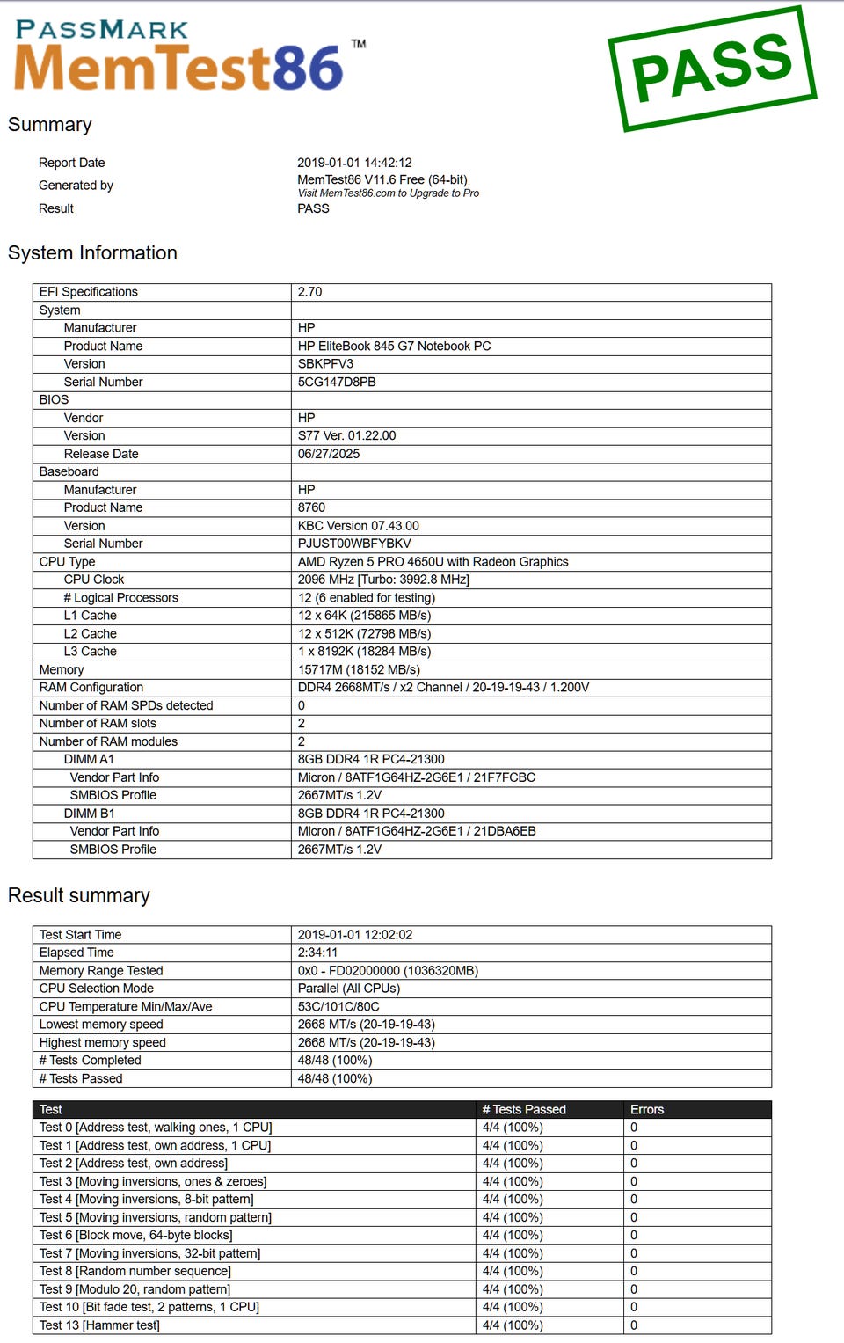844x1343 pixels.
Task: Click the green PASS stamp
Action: coord(712,69)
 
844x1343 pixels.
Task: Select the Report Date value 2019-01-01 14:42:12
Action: coord(354,163)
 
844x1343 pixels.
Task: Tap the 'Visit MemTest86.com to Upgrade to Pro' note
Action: coord(388,193)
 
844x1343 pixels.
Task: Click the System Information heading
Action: coord(92,253)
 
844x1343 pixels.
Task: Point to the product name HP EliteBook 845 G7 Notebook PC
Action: coord(394,347)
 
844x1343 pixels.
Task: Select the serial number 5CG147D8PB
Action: coord(337,383)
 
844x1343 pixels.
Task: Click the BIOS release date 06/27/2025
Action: coord(329,454)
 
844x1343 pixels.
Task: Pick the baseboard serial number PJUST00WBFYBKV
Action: coord(354,544)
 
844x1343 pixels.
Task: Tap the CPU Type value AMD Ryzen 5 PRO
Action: coord(433,562)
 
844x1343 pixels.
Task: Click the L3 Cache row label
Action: coord(90,652)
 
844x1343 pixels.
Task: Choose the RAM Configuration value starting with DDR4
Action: coord(443,688)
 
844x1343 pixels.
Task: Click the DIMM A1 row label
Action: coord(89,759)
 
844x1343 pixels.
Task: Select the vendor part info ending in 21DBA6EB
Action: coord(417,831)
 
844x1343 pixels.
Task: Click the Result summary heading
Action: coord(79,895)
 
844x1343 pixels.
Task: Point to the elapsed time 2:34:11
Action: coord(317,953)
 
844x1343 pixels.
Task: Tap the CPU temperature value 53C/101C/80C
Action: coord(338,1007)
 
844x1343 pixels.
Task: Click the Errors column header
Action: coord(647,1110)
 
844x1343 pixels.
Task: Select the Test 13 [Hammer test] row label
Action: coord(99,1325)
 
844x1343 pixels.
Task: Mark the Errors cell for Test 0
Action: coord(634,1128)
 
